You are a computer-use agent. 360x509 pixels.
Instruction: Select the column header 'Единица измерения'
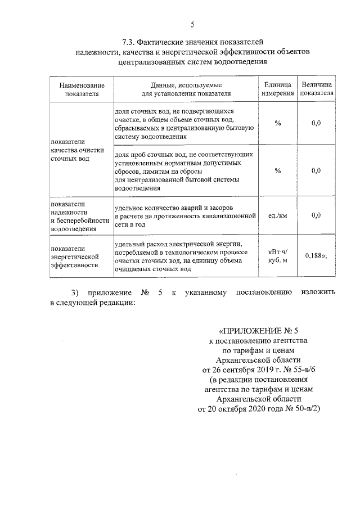click(x=277, y=89)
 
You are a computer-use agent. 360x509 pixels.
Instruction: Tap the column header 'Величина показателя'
click(x=317, y=89)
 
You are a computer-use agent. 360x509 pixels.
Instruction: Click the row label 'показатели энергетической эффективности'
click(x=73, y=255)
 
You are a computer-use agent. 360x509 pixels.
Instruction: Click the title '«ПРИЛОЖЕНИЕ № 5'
click(x=259, y=330)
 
